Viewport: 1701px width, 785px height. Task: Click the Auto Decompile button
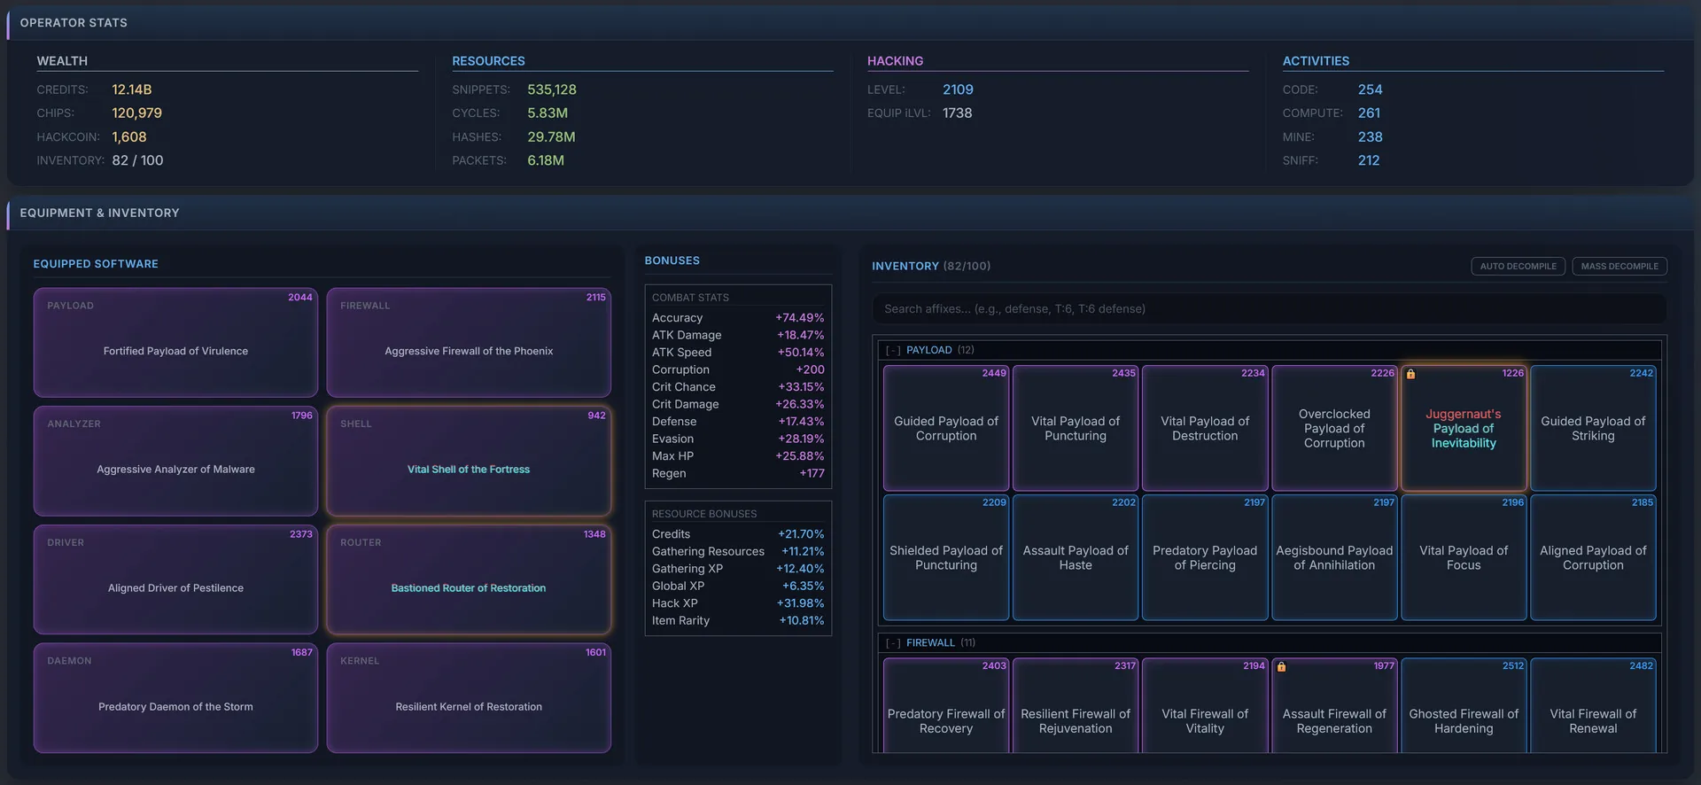pos(1518,266)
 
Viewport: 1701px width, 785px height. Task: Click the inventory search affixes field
pos(1269,309)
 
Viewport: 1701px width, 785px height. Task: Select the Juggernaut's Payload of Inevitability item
pos(1464,428)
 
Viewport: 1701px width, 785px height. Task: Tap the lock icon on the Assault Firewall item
pos(1281,667)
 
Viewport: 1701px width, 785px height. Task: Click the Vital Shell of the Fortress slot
pos(469,461)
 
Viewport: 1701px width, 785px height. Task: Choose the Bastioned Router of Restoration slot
pos(469,579)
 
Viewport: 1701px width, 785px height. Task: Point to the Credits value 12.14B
pos(132,89)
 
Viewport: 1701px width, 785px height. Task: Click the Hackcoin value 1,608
pos(129,136)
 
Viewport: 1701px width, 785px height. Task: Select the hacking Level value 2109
pos(958,89)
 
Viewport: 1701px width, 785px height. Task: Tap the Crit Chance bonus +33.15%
pos(801,387)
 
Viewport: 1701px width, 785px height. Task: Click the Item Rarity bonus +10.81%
pos(802,621)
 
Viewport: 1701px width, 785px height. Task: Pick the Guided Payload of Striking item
pos(1593,428)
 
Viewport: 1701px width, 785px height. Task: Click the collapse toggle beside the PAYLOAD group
pos(893,351)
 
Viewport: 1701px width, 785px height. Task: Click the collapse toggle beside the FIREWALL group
pos(893,643)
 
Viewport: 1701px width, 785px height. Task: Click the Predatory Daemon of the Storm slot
pos(175,698)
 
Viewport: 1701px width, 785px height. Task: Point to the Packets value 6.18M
pos(546,160)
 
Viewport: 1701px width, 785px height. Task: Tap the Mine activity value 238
pos(1370,136)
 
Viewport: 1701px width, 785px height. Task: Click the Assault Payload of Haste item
pos(1076,557)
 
